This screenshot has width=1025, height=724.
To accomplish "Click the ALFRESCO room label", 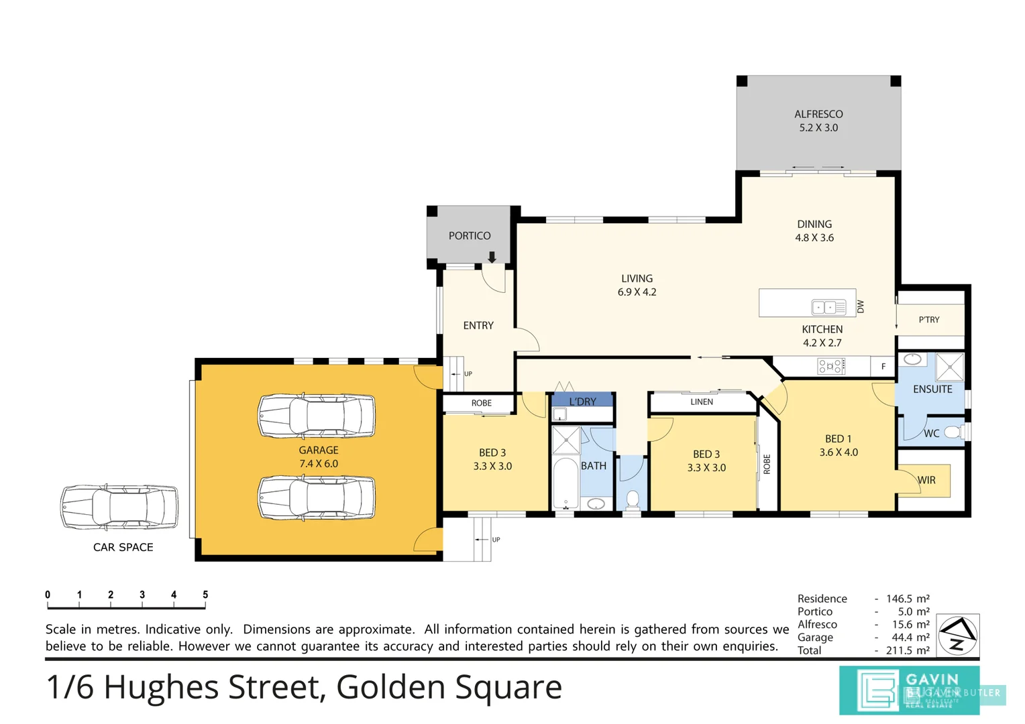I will pos(818,115).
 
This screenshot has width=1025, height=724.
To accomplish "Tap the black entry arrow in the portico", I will pos(492,257).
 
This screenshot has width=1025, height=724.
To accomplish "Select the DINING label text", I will pos(814,225).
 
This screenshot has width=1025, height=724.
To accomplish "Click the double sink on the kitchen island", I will pos(828,307).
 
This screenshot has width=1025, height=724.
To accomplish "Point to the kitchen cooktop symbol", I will pos(830,366).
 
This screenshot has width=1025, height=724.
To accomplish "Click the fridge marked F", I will pos(883,367).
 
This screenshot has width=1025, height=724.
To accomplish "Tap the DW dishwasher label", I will pos(861,306).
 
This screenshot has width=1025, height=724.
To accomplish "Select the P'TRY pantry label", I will pos(929,320).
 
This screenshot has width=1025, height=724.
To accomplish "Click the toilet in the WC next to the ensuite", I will pos(953,432).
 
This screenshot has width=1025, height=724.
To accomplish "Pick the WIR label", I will pos(926,480).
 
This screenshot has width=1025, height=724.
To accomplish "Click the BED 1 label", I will pos(838,439).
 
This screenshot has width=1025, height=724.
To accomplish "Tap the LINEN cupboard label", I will pos(702,402).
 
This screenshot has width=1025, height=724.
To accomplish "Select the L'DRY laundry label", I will pos(582,402).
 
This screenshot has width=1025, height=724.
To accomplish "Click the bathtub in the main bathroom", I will pos(565,483).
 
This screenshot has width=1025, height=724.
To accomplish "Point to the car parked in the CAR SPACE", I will pos(119,507).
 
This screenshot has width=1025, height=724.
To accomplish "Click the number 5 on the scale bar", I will pos(205,595).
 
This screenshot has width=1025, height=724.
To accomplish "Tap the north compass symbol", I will pos(957,635).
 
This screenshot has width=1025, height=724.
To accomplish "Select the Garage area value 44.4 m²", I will pos(908,638).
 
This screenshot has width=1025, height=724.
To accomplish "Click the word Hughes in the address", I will pos(161,687).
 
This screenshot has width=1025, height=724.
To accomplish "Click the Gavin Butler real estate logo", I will pos(909,690).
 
